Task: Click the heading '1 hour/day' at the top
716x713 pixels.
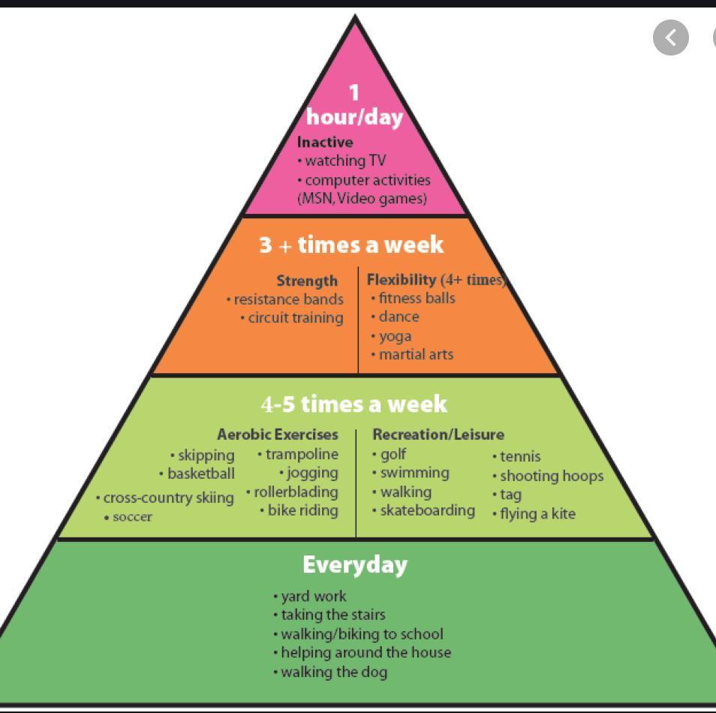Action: [x=354, y=105]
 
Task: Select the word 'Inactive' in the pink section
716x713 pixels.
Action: [x=325, y=142]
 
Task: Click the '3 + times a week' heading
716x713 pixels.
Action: [x=351, y=245]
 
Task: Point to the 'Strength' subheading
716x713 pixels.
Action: [x=307, y=281]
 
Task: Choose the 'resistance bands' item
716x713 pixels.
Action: [x=288, y=299]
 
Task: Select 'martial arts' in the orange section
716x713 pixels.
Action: [x=416, y=354]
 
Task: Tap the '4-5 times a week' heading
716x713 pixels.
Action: [x=353, y=405]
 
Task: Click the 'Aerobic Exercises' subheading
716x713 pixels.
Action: [x=278, y=435]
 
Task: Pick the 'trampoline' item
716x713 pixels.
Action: [x=302, y=454]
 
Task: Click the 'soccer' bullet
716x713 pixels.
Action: [x=132, y=517]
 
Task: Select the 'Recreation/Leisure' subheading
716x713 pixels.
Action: [x=438, y=435]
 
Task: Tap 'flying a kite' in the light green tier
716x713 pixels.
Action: [x=537, y=514]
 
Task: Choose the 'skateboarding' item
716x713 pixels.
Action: [x=427, y=510]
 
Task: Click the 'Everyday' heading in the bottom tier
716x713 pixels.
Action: [x=355, y=564]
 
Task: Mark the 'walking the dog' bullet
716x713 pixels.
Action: [x=334, y=672]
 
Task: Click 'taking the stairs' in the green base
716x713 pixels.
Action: [x=333, y=615]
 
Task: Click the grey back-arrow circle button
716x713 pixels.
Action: [x=671, y=38]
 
